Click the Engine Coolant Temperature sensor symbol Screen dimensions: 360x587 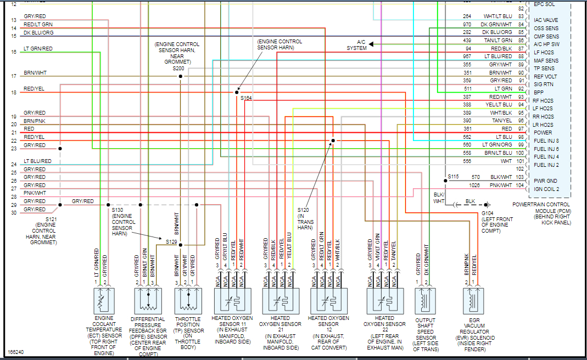(x=100, y=300)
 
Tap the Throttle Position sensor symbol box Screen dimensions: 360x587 (x=188, y=300)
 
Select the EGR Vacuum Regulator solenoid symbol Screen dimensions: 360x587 (x=474, y=300)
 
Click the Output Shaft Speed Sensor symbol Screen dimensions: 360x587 (x=425, y=300)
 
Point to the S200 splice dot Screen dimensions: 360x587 (x=180, y=76)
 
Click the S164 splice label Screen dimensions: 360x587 (x=246, y=98)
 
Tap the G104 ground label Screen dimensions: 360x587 (x=487, y=213)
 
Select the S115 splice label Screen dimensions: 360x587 (x=453, y=176)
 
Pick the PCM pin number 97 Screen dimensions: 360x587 (x=521, y=128)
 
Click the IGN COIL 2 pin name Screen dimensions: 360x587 (x=546, y=189)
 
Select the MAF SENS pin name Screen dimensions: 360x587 (x=546, y=60)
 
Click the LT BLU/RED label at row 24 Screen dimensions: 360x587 (x=37, y=161)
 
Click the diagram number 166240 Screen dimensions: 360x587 (x=15, y=352)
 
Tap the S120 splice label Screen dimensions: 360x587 (x=304, y=210)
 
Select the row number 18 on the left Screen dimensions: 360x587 (x=14, y=92)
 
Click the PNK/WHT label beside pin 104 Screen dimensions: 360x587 (x=501, y=185)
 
